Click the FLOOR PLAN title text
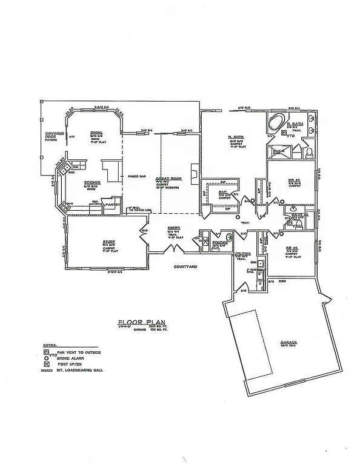[x=141, y=323]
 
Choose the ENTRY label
[x=174, y=228]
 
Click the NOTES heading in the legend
[x=50, y=344]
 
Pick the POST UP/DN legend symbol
[x=53, y=363]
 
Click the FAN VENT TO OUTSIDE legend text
[x=79, y=352]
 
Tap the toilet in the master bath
[x=308, y=151]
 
